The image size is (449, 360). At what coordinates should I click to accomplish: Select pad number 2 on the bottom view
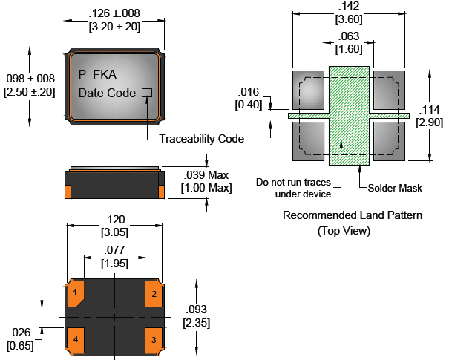click(x=154, y=293)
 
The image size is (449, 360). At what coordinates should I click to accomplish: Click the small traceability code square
click(x=146, y=93)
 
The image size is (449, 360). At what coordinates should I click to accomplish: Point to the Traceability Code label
click(x=201, y=138)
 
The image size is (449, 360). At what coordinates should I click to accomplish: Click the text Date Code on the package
click(x=107, y=94)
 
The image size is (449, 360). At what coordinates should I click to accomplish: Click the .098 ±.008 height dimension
click(x=29, y=79)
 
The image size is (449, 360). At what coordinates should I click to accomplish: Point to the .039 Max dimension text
click(x=206, y=175)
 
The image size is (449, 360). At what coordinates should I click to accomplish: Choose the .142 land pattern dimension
click(x=349, y=7)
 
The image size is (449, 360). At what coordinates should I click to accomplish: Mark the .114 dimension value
click(x=430, y=108)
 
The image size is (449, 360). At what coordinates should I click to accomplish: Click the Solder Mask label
click(x=395, y=188)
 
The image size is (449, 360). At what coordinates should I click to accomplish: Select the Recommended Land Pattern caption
click(x=353, y=216)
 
